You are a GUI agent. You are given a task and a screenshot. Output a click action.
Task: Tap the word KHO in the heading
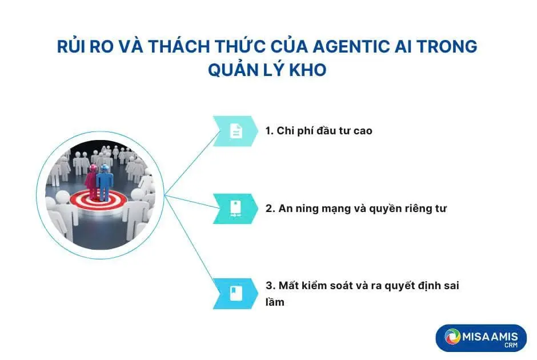coord(308,70)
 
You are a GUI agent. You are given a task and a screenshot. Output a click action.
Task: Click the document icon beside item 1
coord(235,131)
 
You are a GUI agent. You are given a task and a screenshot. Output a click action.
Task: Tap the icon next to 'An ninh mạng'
coord(235,208)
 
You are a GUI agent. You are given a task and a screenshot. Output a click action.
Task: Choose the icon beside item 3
coord(235,294)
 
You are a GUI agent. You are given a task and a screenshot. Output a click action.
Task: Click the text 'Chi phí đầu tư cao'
coord(324,130)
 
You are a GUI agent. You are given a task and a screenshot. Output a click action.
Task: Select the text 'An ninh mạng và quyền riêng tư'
coord(362,208)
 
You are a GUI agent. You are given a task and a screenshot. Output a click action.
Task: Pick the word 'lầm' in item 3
coord(275,302)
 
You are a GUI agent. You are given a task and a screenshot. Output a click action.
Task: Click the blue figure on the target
coord(105,182)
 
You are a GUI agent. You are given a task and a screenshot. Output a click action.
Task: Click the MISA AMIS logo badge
coord(481,338)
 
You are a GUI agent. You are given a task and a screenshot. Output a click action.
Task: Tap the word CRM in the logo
coord(511,345)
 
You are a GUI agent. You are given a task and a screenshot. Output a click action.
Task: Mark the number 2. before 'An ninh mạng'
coord(270,208)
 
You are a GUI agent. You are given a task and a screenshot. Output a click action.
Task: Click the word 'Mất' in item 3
coord(288,285)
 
